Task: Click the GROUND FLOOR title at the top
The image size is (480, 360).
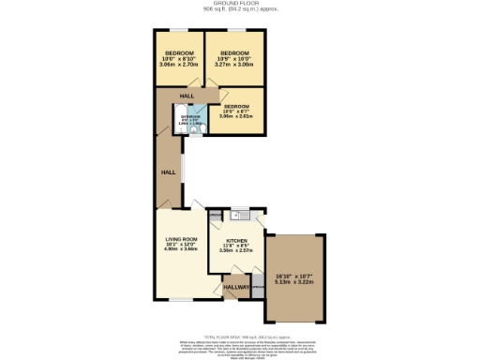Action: [x=240, y=4]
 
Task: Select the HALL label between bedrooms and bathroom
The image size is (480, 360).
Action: [x=187, y=96]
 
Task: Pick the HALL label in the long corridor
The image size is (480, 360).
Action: [x=168, y=172]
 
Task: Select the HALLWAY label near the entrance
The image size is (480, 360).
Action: [x=237, y=287]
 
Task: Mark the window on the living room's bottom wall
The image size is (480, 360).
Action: [x=181, y=300]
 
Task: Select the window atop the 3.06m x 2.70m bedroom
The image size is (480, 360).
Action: [x=180, y=30]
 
